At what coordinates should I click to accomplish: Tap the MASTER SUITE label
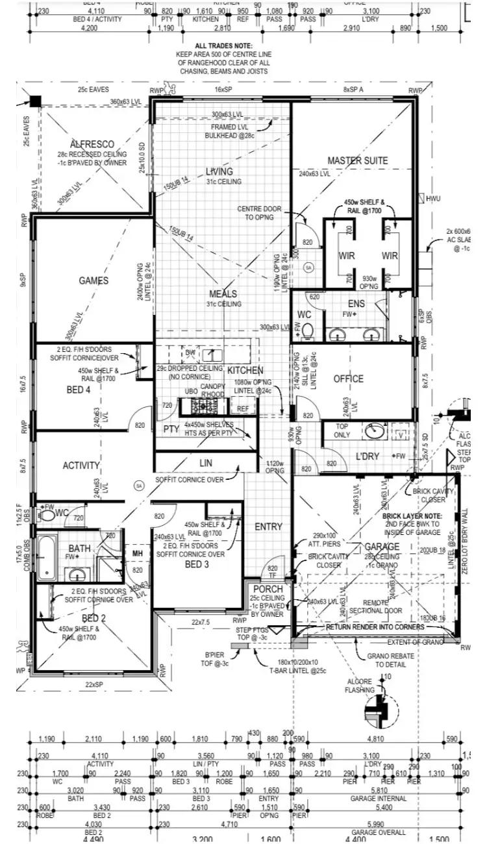click(357, 160)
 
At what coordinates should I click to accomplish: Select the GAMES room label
click(94, 280)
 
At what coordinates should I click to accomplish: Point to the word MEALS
click(223, 294)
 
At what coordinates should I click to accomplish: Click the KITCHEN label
click(245, 370)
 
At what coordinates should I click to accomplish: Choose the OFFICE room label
click(349, 379)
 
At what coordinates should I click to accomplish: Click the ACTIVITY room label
click(81, 465)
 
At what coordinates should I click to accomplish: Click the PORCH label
click(268, 589)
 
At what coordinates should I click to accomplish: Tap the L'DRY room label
click(367, 456)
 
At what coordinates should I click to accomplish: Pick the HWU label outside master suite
click(433, 199)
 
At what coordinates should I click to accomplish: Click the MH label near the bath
click(138, 553)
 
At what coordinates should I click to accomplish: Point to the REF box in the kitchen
click(243, 409)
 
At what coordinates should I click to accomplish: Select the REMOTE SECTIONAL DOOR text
click(375, 606)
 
